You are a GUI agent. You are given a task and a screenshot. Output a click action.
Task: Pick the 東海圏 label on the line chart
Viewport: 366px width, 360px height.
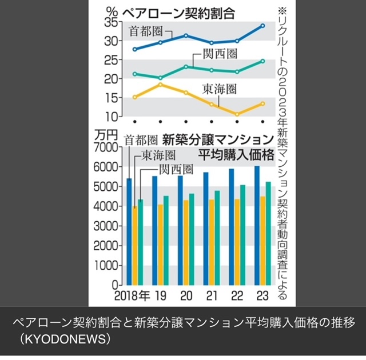219,89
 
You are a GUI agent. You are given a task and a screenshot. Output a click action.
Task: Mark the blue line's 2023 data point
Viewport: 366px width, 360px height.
262,26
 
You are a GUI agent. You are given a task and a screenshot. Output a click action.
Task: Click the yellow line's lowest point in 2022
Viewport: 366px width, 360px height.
237,114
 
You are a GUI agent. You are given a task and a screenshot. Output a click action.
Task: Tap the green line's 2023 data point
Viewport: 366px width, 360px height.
262,61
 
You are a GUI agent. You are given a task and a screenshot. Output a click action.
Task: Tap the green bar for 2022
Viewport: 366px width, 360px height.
243,234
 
